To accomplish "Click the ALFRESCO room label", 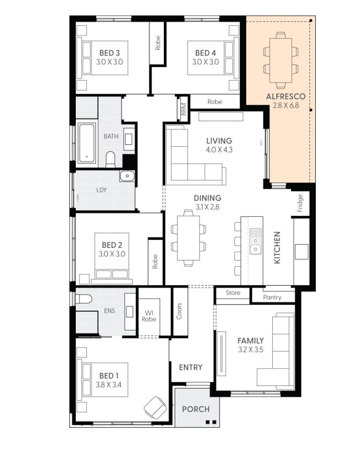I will click(285, 97).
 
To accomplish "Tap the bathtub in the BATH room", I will click(87, 143).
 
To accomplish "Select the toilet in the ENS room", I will click(84, 299).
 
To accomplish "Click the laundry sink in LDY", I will click(127, 176).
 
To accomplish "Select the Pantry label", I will click(272, 297).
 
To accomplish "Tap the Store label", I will click(233, 293).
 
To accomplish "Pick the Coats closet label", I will click(179, 311).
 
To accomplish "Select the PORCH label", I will click(195, 409).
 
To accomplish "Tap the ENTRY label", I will click(191, 367).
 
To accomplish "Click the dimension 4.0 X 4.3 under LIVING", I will click(219, 149).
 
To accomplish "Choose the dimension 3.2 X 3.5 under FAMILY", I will click(250, 349).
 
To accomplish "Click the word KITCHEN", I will click(277, 248).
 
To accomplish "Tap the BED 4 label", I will click(205, 53).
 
